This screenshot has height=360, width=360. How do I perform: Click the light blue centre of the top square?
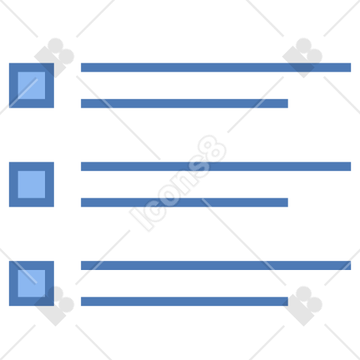point(32,86)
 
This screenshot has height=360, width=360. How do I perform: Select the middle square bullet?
point(32,184)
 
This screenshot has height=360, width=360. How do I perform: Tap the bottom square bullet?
point(32,283)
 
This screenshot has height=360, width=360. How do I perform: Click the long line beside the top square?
point(216,67)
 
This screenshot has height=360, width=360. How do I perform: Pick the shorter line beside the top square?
point(184,103)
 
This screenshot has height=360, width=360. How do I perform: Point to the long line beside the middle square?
point(216,167)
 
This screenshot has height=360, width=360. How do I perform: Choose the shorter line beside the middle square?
point(184,202)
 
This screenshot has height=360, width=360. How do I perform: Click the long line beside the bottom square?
point(216,265)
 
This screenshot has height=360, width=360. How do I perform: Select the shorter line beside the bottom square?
point(184,302)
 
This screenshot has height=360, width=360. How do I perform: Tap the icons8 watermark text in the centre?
point(178,183)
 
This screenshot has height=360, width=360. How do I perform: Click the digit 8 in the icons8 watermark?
point(212,149)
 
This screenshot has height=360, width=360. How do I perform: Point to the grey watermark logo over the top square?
point(54,58)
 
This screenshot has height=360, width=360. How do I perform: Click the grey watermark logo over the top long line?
point(302,58)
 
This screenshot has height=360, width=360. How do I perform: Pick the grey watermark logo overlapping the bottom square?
point(54,306)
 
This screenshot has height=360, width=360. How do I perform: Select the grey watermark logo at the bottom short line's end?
point(302,306)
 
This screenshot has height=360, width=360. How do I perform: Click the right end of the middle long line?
point(351,167)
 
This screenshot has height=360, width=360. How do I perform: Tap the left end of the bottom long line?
point(81,265)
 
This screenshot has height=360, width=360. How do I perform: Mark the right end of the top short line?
point(288,103)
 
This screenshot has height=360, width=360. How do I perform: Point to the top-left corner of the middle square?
point(9,162)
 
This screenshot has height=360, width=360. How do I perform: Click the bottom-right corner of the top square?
point(54,108)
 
